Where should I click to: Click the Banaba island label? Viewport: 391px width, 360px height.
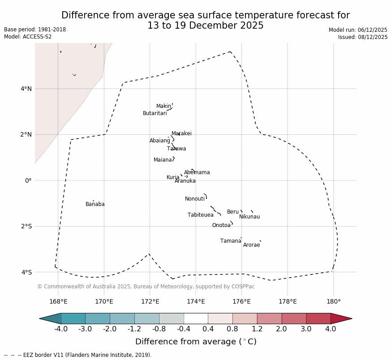click(x=95, y=205)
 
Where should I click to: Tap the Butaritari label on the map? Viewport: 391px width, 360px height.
click(x=155, y=114)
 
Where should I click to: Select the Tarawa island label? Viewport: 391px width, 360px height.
click(x=176, y=149)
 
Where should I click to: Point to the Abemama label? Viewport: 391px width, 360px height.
click(x=197, y=173)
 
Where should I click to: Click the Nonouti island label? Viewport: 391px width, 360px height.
click(x=195, y=199)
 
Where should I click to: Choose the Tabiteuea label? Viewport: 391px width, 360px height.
click(x=201, y=215)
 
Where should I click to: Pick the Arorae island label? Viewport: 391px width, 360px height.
click(x=251, y=245)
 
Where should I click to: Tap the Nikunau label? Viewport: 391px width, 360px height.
click(x=249, y=217)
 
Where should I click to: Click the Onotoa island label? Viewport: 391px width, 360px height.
click(x=221, y=226)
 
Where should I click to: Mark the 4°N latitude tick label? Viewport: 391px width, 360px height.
click(x=26, y=89)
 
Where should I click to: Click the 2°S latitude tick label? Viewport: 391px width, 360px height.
click(x=26, y=227)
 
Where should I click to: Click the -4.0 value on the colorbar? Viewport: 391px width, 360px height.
click(x=61, y=330)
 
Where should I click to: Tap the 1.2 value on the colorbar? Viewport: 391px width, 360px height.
click(x=257, y=330)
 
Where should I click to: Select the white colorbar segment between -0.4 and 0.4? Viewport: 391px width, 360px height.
click(x=196, y=318)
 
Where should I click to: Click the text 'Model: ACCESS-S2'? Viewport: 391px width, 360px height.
click(x=28, y=37)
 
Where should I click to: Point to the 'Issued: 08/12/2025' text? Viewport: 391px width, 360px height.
click(x=363, y=37)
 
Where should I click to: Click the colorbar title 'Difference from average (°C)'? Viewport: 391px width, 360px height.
click(x=196, y=342)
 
